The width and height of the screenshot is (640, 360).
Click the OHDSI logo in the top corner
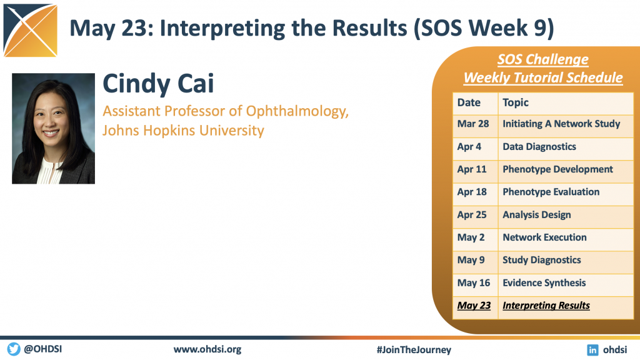pos(30,30)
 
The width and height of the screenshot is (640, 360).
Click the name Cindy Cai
pos(158,84)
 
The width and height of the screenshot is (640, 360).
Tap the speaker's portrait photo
pos(54,129)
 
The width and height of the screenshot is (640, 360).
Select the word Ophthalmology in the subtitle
pos(297,111)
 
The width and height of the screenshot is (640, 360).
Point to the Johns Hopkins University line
pos(183,131)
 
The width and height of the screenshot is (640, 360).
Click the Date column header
pos(475,104)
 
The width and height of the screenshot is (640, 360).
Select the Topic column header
pos(565,104)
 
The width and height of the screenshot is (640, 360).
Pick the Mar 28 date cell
pos(475,126)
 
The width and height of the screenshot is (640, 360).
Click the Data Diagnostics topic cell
pos(565,149)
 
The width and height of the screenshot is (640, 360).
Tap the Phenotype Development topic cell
pos(565,172)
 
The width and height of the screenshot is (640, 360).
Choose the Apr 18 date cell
pos(475,194)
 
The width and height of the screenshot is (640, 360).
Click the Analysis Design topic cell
pos(565,217)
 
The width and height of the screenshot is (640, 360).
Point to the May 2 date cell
pos(475,239)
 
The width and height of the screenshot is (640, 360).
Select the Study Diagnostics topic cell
pos(565,262)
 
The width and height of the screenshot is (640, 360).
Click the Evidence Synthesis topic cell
pos(565,285)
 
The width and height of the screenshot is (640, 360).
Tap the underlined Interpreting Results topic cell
pos(565,307)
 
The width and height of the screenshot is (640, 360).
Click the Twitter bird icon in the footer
pos(14,349)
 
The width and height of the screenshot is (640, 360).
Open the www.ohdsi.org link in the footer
pos(207,349)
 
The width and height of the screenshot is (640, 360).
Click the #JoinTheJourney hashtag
pos(414,350)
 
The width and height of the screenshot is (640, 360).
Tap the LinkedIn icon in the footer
pos(592,350)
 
